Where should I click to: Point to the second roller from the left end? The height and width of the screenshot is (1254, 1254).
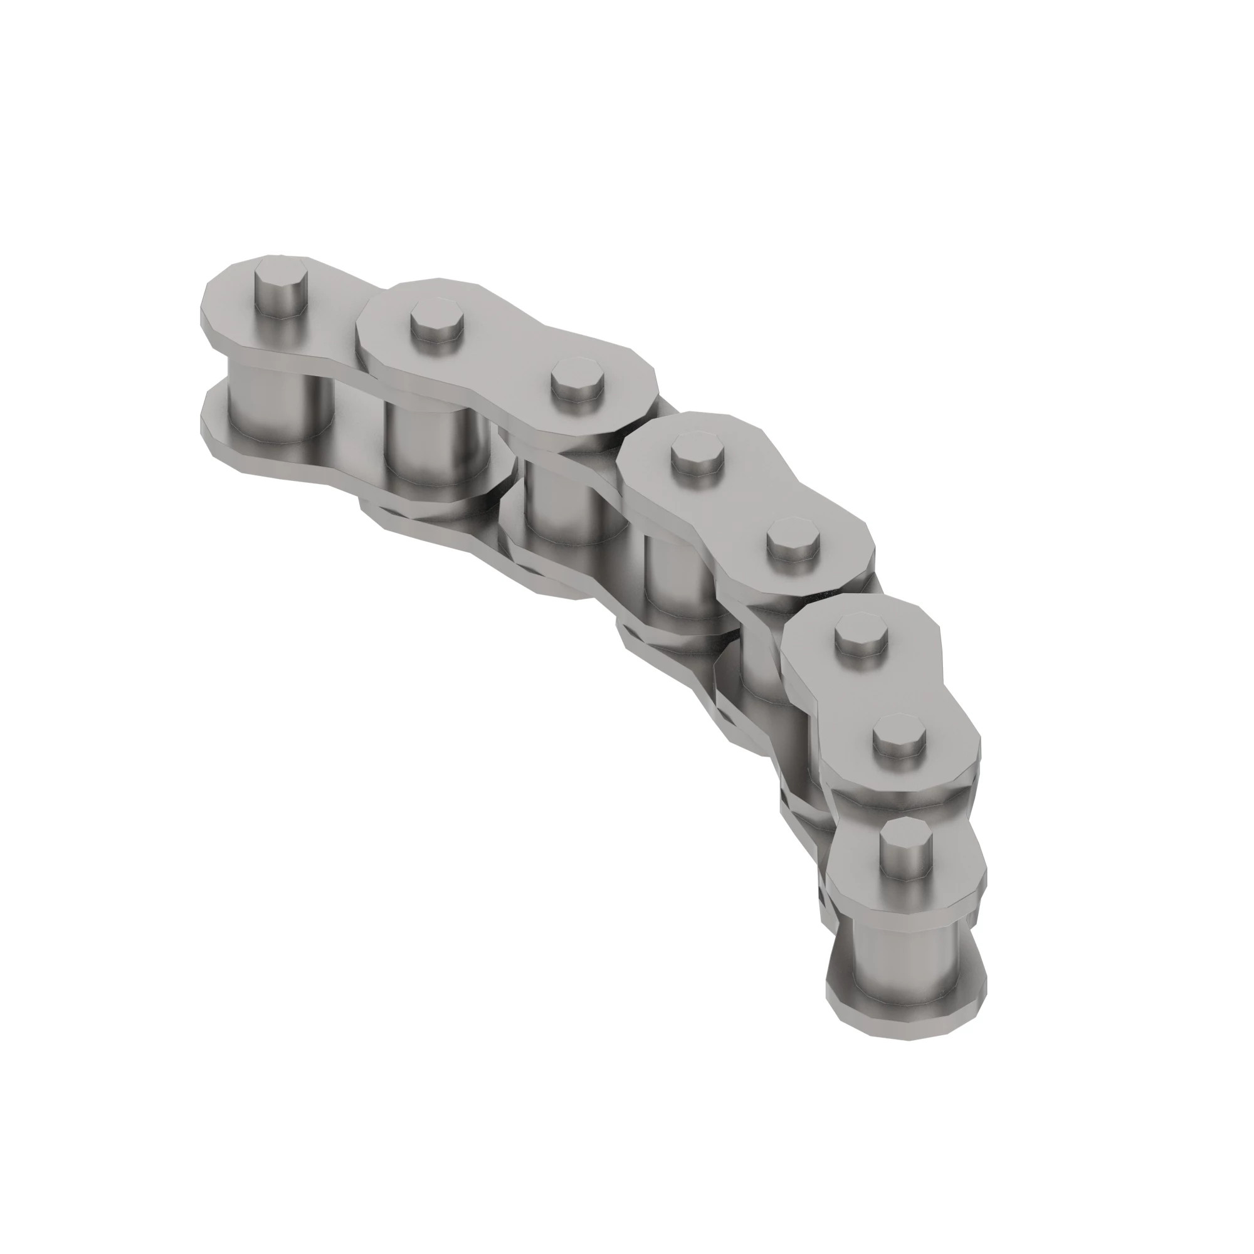coord(428,448)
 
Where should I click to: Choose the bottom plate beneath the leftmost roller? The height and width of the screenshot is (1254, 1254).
coord(260,448)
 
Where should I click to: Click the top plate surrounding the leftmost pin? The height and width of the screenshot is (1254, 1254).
coord(234,305)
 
